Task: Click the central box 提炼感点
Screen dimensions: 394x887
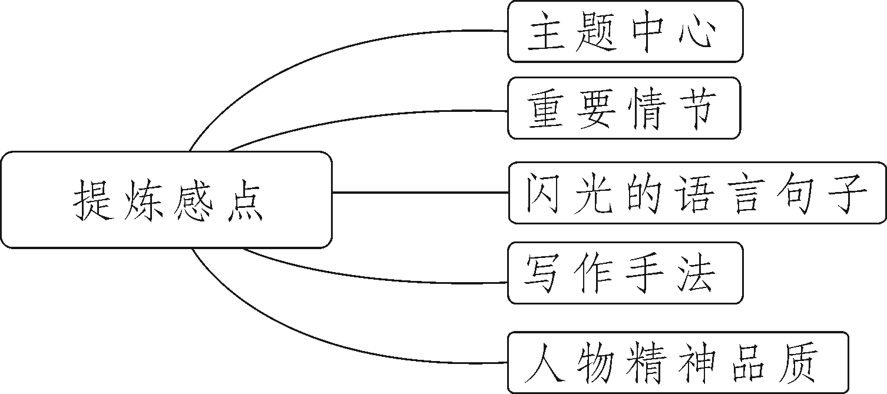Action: [166, 200]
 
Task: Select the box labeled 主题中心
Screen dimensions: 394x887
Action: [624, 32]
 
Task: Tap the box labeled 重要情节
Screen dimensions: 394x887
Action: [623, 108]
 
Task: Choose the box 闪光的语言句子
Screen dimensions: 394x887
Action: [697, 193]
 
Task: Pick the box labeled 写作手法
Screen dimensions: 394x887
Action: [624, 273]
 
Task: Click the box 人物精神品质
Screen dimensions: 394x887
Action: [677, 362]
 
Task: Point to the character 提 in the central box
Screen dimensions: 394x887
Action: [94, 201]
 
